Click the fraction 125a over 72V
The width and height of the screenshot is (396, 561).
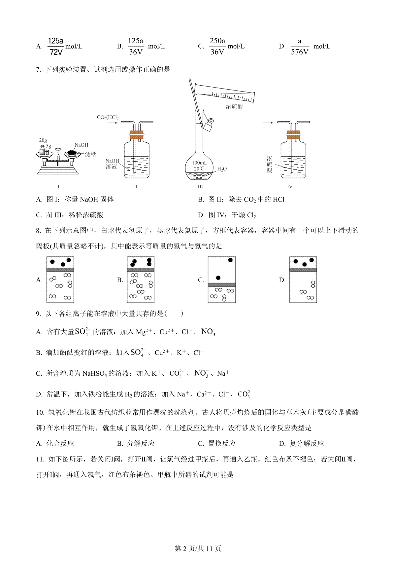click(x=55, y=46)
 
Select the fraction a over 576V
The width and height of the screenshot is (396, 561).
click(x=300, y=47)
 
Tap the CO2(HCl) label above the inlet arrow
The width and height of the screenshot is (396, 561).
click(x=108, y=117)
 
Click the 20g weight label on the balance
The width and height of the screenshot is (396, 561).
click(x=43, y=140)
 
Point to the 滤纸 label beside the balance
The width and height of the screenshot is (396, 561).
click(x=90, y=154)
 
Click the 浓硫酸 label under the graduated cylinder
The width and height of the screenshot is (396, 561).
click(x=234, y=106)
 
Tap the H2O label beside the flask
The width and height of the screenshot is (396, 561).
click(x=222, y=169)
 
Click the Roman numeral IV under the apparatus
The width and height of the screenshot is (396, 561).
click(x=290, y=187)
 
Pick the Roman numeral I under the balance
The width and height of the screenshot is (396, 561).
click(x=59, y=187)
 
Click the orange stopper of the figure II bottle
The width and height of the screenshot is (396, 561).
click(x=136, y=135)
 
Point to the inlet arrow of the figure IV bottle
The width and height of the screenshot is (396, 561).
click(x=268, y=123)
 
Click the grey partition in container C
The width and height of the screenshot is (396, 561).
click(x=222, y=285)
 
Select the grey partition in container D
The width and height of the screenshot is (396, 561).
click(x=303, y=270)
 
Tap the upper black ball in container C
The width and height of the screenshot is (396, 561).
click(x=230, y=260)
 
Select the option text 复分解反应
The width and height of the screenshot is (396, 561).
click(x=307, y=443)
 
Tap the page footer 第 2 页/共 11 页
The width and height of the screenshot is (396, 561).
click(x=198, y=549)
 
